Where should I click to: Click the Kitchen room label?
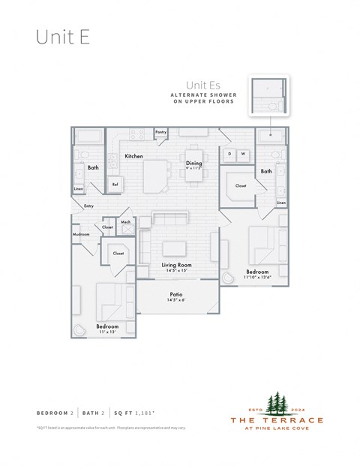[134, 156]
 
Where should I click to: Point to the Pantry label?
[160, 132]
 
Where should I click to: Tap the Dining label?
[193, 163]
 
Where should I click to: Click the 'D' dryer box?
[229, 154]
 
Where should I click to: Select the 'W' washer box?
[243, 154]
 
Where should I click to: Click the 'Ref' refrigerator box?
[115, 184]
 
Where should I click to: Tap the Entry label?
[88, 206]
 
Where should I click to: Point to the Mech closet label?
[125, 222]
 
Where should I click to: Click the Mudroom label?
[81, 234]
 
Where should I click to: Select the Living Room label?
[178, 266]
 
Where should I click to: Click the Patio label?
[177, 295]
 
